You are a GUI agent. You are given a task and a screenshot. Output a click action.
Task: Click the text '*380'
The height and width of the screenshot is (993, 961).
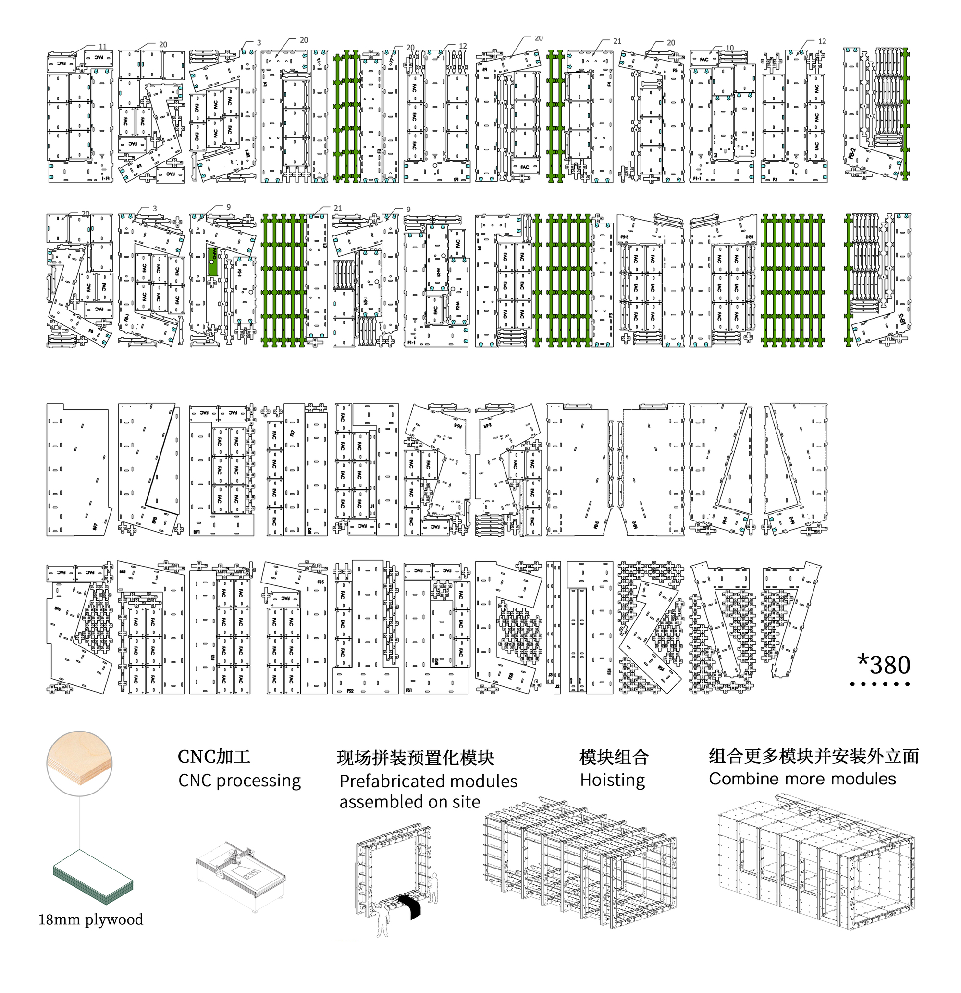click(x=884, y=665)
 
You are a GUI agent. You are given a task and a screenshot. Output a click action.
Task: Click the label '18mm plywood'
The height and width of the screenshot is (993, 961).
click(x=91, y=919)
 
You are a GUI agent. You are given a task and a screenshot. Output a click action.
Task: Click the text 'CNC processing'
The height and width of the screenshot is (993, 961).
click(x=239, y=781)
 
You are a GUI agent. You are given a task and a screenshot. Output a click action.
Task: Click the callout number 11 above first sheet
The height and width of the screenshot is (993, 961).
click(x=102, y=47)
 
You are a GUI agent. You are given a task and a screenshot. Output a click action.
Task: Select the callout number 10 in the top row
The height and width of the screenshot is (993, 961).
click(x=729, y=48)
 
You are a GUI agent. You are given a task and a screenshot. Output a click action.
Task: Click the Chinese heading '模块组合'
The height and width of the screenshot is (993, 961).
click(x=614, y=757)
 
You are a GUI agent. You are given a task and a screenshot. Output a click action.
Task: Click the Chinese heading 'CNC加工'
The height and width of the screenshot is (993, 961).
click(x=214, y=757)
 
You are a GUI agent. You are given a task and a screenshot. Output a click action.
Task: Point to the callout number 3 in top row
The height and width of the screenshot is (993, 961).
click(x=259, y=43)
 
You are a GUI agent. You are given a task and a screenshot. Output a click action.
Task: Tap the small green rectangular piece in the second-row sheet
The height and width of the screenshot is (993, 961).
click(x=213, y=261)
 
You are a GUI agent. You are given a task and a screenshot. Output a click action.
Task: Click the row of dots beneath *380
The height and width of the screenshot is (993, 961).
click(x=880, y=684)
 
